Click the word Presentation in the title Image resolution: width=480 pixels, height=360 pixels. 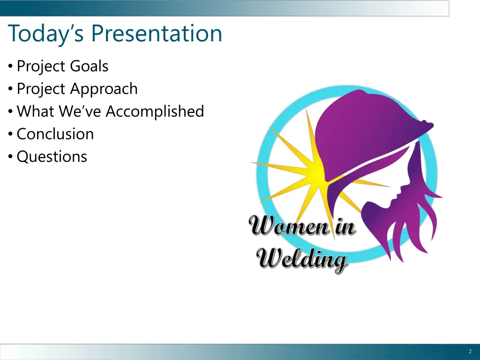157,34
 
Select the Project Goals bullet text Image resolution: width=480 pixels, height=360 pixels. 62,67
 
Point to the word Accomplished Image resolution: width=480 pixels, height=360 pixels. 155,112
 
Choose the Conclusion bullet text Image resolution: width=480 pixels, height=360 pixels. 55,134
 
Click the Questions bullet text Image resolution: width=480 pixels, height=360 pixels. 52,157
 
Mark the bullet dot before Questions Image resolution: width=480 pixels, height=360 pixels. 11,157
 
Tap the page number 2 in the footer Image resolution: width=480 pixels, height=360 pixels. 470,352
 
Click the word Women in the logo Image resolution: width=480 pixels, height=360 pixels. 288,227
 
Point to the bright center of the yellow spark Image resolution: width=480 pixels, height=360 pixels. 315,173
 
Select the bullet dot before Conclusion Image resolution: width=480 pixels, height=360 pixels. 11,135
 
